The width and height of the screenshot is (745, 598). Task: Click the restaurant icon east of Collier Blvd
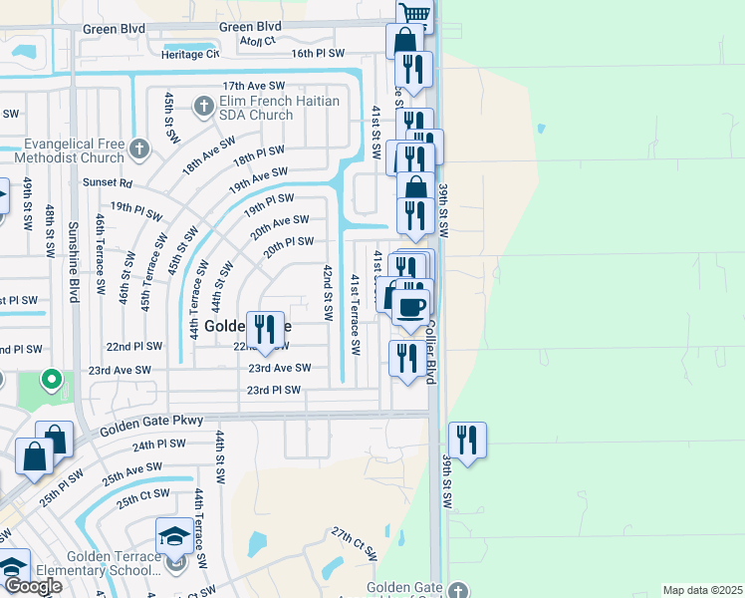(467, 439)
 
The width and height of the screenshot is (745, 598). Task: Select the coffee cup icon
(409, 305)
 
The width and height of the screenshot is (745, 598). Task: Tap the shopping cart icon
(413, 14)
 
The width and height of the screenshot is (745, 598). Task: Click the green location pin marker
(54, 380)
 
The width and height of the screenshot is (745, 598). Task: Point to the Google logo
(33, 586)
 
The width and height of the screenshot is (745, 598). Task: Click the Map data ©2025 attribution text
(702, 590)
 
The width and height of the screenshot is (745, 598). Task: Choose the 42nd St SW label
(327, 291)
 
